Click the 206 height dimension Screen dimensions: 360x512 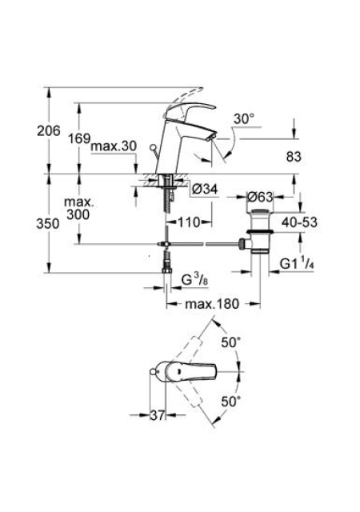[x=49, y=131]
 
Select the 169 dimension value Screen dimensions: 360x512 [x=79, y=138]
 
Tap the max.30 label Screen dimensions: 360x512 [x=114, y=146]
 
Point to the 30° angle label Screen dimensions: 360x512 [x=244, y=119]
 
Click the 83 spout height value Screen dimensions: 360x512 [x=294, y=157]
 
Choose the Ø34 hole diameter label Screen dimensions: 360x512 [x=205, y=189]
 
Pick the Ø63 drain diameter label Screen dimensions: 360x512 [x=260, y=197]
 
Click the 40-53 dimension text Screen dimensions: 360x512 [x=299, y=222]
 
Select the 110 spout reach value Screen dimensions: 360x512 [x=189, y=222]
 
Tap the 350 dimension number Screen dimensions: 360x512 [x=48, y=224]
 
